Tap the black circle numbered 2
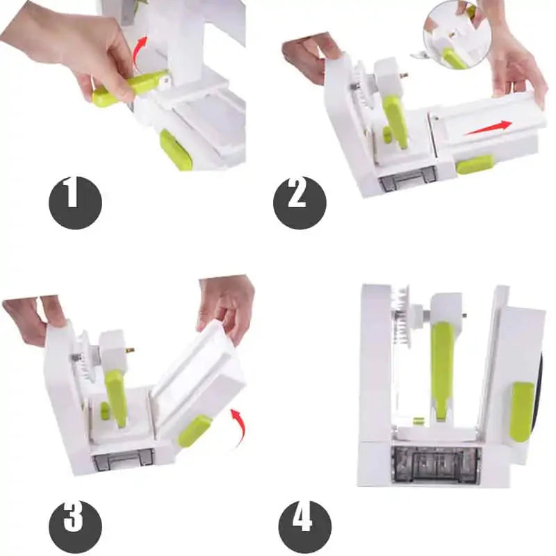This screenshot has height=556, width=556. click(x=299, y=202)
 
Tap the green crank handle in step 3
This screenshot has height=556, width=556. click(x=117, y=397)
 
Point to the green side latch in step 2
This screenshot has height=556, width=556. click(x=475, y=164)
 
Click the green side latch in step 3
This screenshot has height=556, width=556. click(x=195, y=430)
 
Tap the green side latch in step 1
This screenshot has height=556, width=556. click(x=176, y=149)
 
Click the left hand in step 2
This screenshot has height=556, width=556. click(x=310, y=56)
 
